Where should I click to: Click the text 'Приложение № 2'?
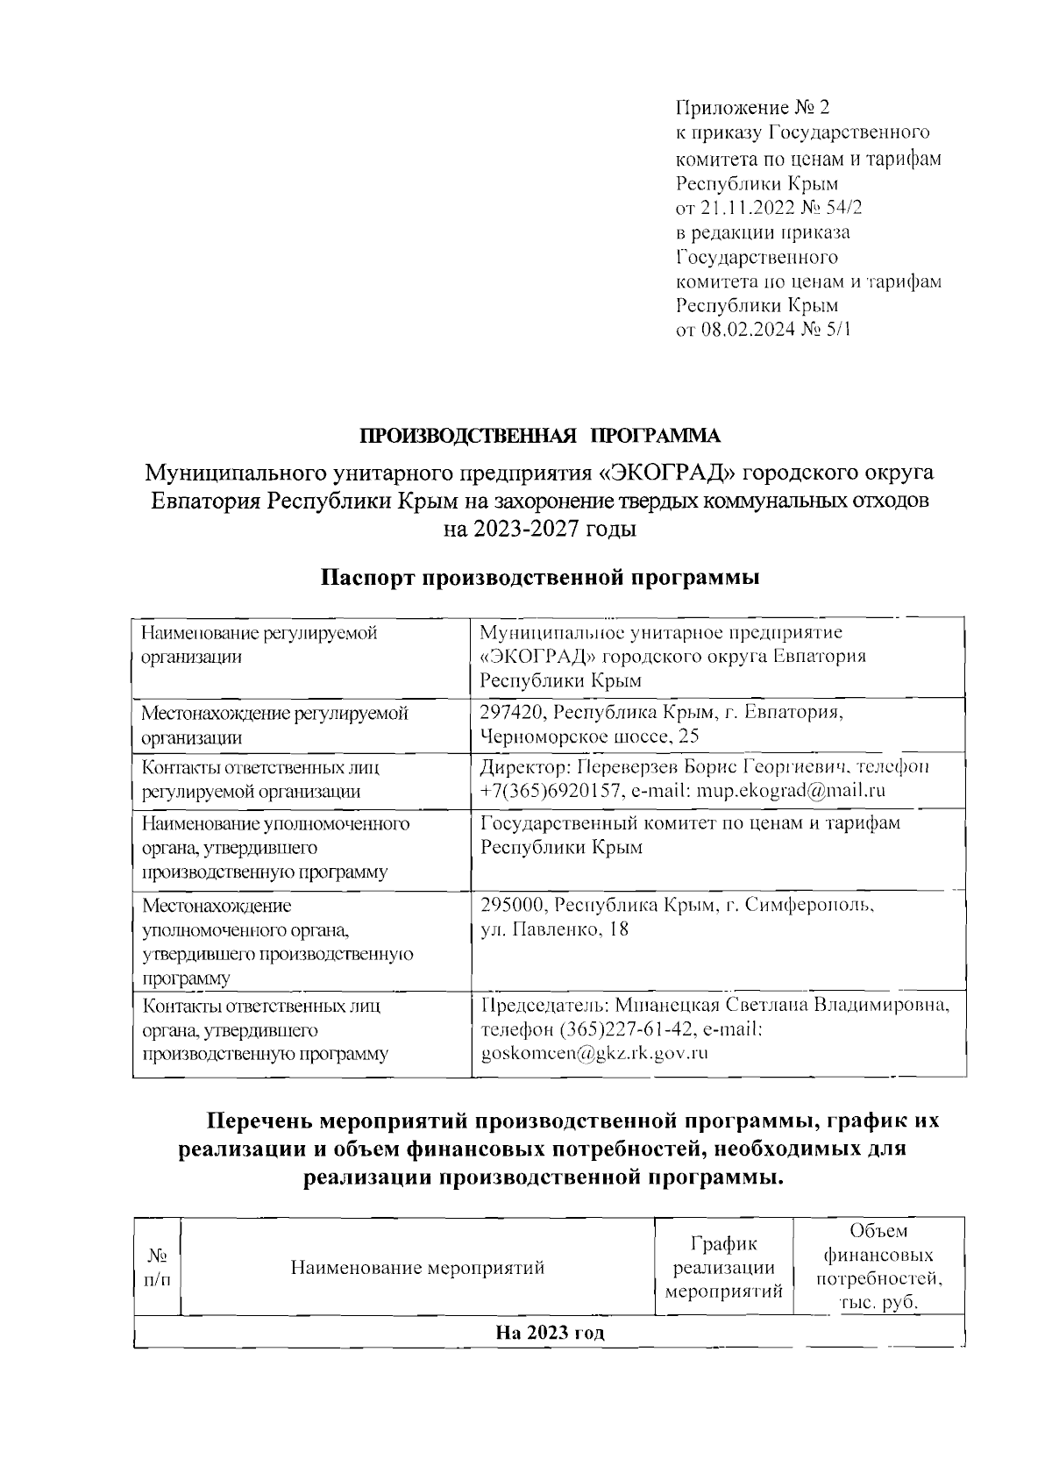751,108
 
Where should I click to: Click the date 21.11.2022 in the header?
755,208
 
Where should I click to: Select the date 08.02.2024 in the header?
755,331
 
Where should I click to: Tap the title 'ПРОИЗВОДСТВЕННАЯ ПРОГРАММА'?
540,436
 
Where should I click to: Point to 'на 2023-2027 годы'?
540,530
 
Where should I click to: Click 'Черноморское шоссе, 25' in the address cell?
589,736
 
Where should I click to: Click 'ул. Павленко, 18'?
554,929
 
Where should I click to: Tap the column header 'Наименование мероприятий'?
417,1267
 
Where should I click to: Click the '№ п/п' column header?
156,1267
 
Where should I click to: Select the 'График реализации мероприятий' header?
724,1267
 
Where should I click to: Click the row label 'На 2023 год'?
550,1334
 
